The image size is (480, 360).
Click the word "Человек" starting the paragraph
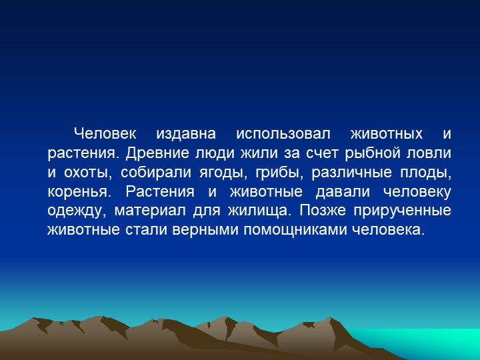(104, 133)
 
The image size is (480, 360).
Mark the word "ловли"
(433, 153)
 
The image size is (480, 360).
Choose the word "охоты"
(87, 172)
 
